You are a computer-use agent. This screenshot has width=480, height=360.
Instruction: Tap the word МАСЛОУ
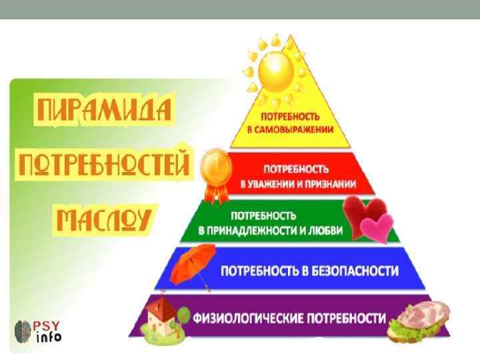tap(103, 218)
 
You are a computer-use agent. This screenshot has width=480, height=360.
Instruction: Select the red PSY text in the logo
tap(48, 326)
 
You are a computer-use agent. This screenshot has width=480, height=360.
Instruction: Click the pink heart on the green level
tap(376, 227)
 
